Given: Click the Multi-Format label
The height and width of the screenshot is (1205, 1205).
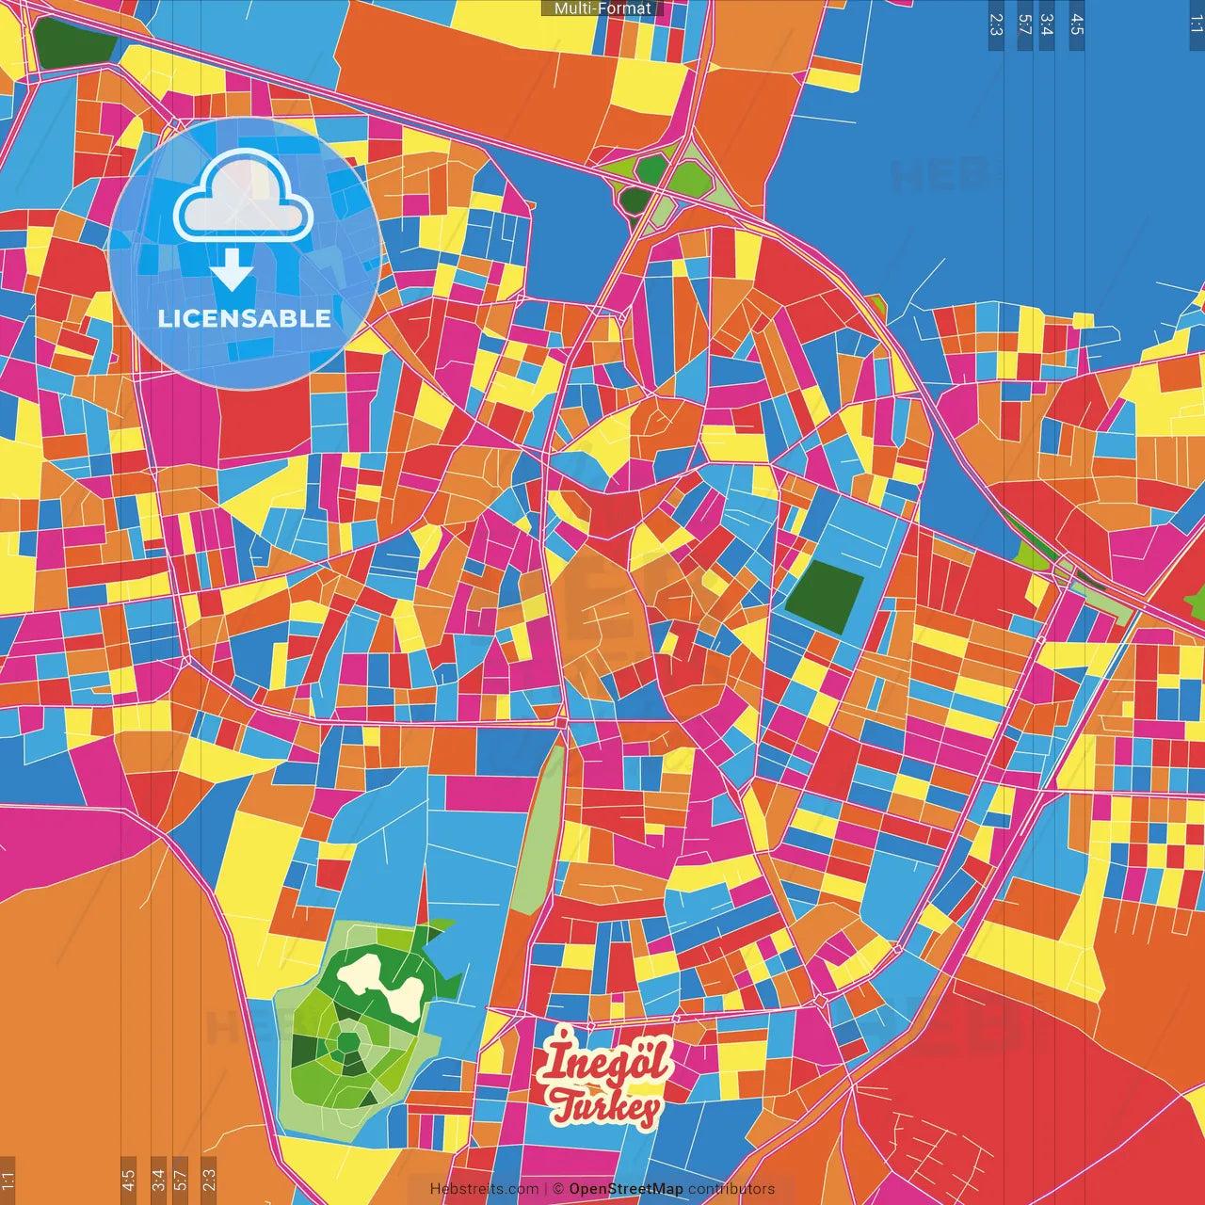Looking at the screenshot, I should click(x=602, y=8).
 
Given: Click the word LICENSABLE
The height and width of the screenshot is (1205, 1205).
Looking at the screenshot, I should click(x=245, y=318).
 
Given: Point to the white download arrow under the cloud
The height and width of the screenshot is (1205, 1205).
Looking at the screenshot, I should click(x=232, y=272).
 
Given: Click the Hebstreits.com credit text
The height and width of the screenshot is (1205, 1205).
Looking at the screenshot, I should click(x=484, y=1189).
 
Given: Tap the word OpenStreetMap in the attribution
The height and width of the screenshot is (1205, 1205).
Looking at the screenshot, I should click(x=626, y=1189).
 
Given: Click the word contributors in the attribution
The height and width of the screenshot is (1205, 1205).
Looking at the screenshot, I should click(x=731, y=1189).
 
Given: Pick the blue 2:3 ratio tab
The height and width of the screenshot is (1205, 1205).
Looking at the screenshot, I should click(x=996, y=24).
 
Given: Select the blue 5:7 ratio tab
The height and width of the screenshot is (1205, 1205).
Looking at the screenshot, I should click(x=1024, y=24).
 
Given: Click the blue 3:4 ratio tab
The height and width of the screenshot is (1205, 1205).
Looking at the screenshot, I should click(x=1047, y=24).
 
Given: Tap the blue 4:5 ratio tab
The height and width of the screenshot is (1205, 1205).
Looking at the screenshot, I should click(x=1077, y=24).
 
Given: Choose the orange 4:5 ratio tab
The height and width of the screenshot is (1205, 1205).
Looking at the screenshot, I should click(x=128, y=1180).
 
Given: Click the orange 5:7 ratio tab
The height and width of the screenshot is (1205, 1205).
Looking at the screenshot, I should click(x=181, y=1180).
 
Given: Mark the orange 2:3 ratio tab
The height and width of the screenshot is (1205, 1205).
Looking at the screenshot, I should click(x=209, y=1180).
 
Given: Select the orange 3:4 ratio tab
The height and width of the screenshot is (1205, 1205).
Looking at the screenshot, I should click(x=158, y=1180).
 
